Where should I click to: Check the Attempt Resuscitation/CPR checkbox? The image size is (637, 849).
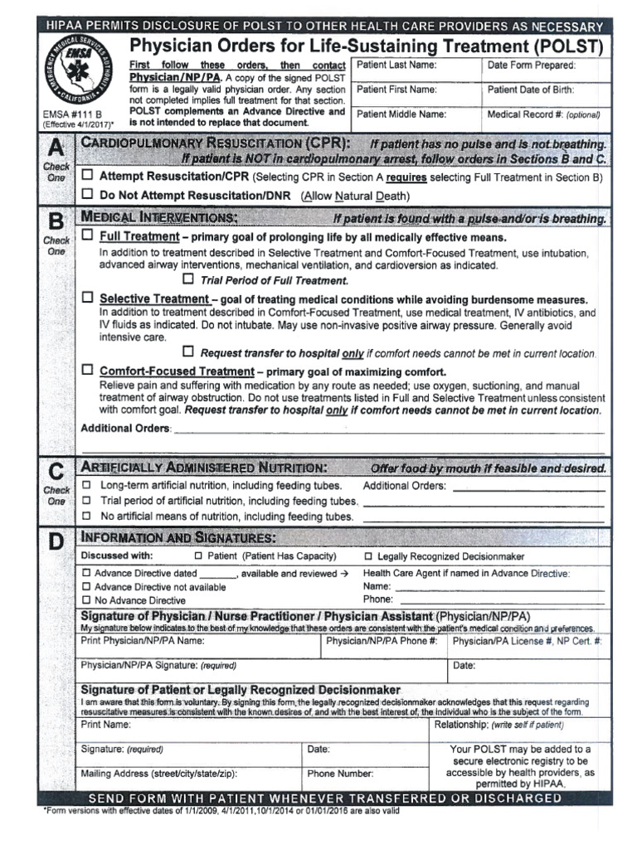coord(89,177)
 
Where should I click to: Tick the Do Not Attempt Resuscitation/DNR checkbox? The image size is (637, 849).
coord(89,195)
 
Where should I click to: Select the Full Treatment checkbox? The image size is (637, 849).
coord(89,236)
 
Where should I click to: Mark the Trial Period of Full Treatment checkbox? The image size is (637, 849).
coord(187,279)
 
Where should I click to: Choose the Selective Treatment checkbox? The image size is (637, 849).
coord(89,297)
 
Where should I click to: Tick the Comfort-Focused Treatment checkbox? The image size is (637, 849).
coord(89,370)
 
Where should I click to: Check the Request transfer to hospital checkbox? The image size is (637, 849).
coord(187,352)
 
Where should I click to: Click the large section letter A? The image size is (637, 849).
coord(56,149)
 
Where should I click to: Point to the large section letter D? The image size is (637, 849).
coord(56,543)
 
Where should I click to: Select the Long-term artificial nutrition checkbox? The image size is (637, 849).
coord(87,485)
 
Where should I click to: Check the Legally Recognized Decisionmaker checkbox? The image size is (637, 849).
coord(369,556)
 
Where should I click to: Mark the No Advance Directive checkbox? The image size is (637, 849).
coord(86,600)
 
